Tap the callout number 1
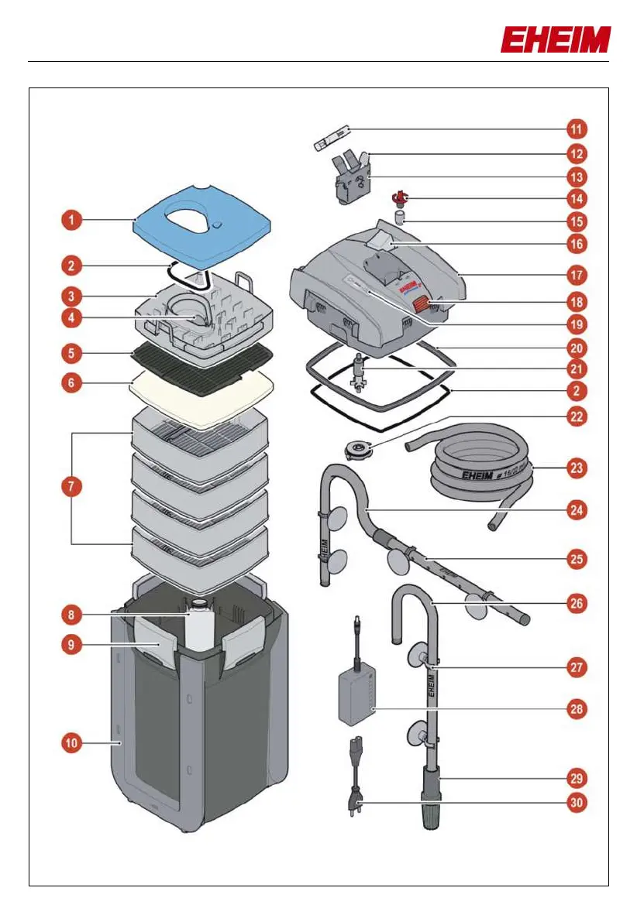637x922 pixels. point(71,221)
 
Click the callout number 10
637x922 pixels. point(71,743)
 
